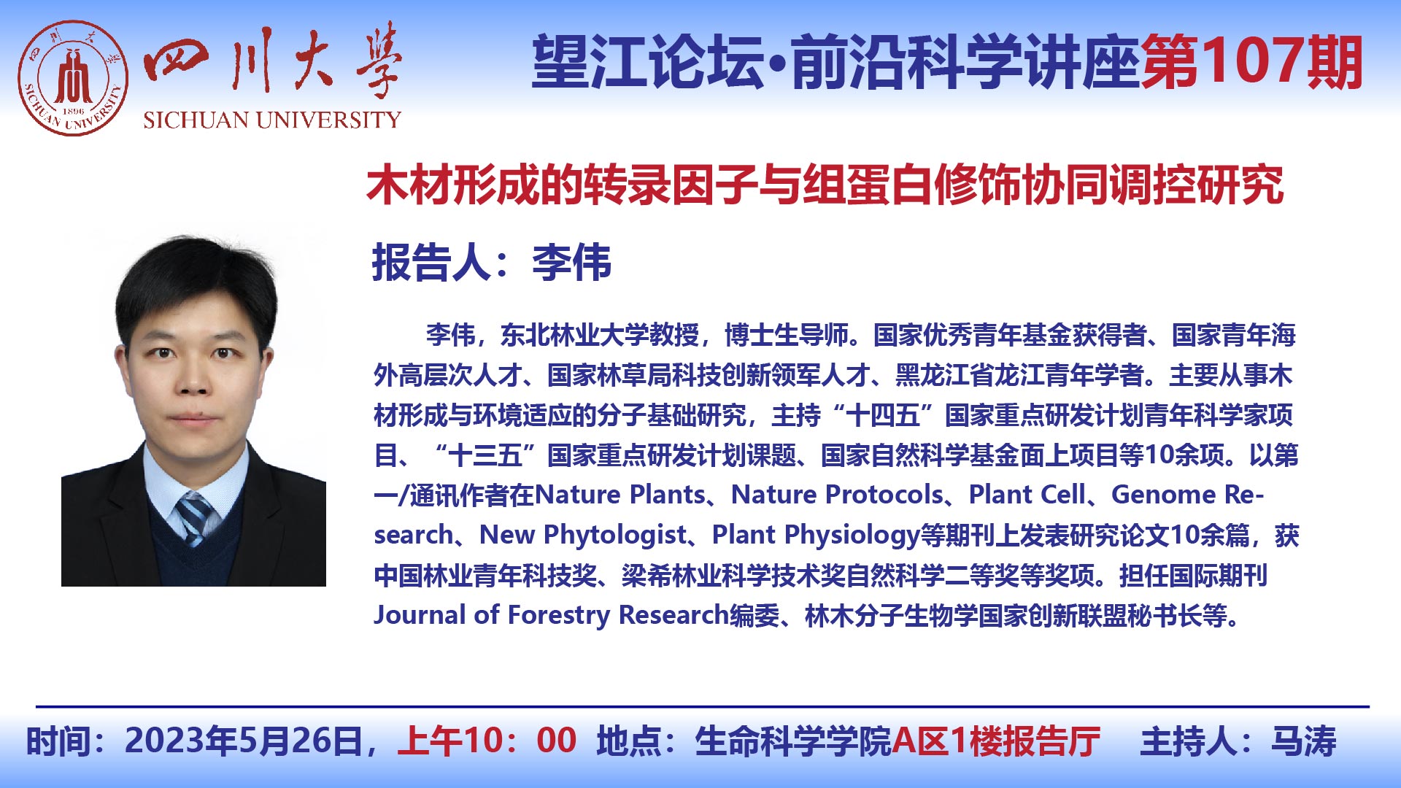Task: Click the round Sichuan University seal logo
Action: click(x=73, y=78)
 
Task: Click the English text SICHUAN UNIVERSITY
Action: click(x=272, y=120)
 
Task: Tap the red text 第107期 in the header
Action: click(x=1252, y=62)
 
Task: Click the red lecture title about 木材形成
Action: click(x=825, y=185)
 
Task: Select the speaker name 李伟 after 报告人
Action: click(x=571, y=263)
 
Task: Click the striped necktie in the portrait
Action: click(x=194, y=517)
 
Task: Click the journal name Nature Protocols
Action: click(x=837, y=495)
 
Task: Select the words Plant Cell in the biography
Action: click(x=1027, y=495)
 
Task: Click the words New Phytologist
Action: click(x=583, y=536)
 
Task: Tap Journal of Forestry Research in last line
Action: click(x=552, y=615)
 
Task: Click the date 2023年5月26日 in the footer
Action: click(x=244, y=741)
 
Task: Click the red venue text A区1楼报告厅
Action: click(x=996, y=741)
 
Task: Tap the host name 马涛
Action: click(x=1304, y=741)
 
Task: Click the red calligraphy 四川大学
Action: click(x=274, y=61)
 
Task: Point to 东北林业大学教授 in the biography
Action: click(x=599, y=335)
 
